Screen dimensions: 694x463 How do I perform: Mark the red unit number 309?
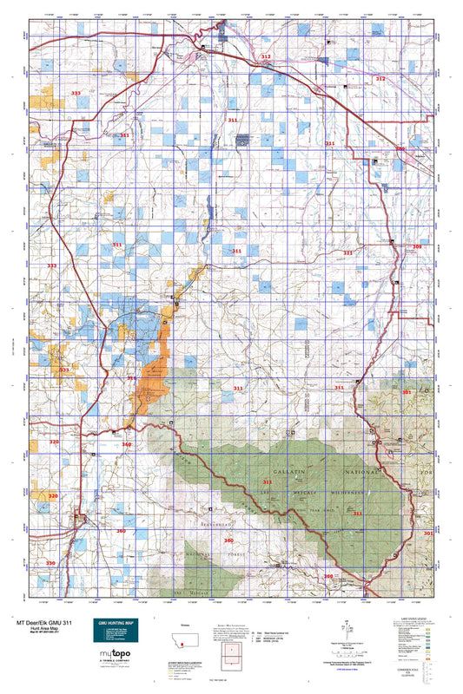pos(400,149)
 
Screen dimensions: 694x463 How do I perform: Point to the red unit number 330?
pos(50,564)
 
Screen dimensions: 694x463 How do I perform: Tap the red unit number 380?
pos(328,576)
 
